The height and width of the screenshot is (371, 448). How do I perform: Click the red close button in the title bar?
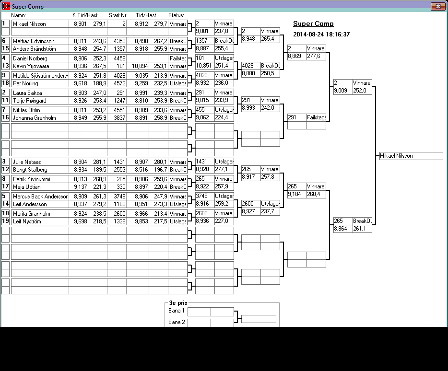pyautogui.click(x=438, y=6)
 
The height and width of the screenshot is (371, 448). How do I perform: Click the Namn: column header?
pyautogui.click(x=18, y=15)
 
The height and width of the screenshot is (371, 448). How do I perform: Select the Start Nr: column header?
pyautogui.click(x=118, y=15)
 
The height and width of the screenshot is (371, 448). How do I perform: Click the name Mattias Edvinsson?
pyautogui.click(x=34, y=41)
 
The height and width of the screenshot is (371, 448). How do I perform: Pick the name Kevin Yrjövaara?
pyautogui.click(x=31, y=66)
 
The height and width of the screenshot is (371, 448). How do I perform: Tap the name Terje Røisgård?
pyautogui.click(x=29, y=101)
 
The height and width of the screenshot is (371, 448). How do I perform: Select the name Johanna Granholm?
pyautogui.click(x=34, y=117)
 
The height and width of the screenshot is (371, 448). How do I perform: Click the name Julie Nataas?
pyautogui.click(x=27, y=162)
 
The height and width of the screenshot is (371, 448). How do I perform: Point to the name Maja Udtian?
pyautogui.click(x=26, y=187)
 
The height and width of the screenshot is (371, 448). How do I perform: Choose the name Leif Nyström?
pyautogui.click(x=27, y=221)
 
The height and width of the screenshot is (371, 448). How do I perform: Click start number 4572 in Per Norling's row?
pyautogui.click(x=119, y=83)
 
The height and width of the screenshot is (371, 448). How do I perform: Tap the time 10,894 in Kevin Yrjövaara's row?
pyautogui.click(x=140, y=66)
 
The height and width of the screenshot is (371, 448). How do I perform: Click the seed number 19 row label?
pyautogui.click(x=5, y=221)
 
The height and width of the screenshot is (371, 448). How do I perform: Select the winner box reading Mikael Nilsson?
pyautogui.click(x=411, y=156)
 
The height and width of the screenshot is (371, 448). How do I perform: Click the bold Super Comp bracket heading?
pyautogui.click(x=313, y=24)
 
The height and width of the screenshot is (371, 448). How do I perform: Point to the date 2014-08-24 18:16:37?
pyautogui.click(x=321, y=35)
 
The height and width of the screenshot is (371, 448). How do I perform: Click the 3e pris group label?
pyautogui.click(x=178, y=303)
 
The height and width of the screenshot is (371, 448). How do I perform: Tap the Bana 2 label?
pyautogui.click(x=177, y=322)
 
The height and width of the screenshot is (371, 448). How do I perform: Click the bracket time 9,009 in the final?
pyautogui.click(x=341, y=91)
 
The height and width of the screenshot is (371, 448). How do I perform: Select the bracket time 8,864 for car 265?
pyautogui.click(x=341, y=229)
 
